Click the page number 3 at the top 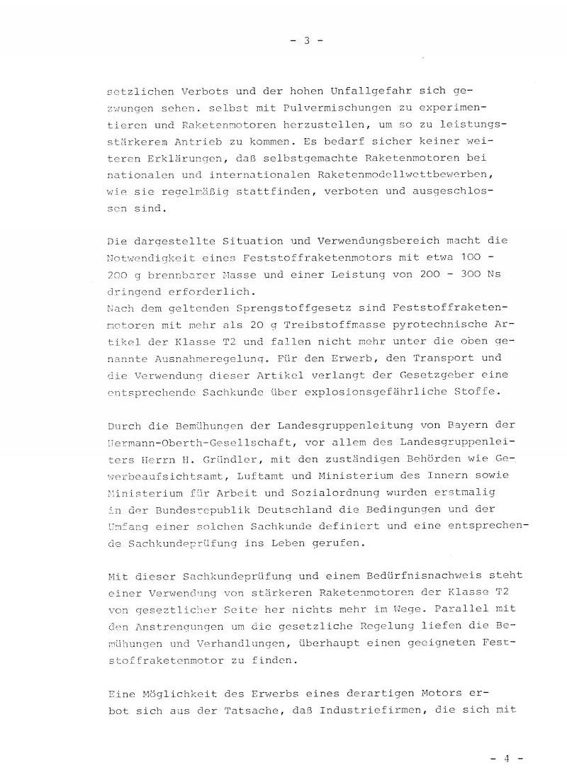pos(307,40)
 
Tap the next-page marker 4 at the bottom pos(507,757)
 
